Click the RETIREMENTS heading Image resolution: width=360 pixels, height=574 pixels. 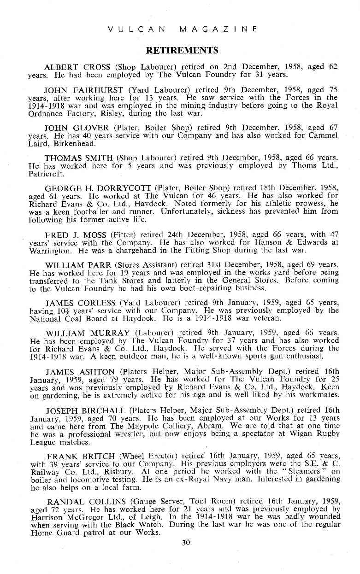(x=182, y=50)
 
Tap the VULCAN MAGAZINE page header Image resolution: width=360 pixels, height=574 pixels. (x=182, y=29)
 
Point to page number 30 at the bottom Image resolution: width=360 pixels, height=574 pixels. (x=186, y=542)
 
